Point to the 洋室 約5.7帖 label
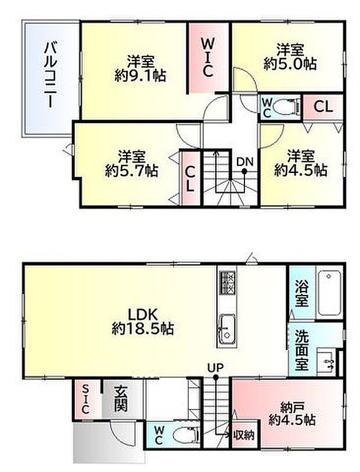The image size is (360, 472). [131, 163]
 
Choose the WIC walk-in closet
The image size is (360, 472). [208, 57]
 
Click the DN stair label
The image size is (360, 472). [244, 162]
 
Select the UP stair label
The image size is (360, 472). [215, 367]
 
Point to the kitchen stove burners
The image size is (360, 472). [226, 282]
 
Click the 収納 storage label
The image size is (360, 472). [244, 434]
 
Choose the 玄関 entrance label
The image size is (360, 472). [121, 399]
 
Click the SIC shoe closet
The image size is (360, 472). [85, 399]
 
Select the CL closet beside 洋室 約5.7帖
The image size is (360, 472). [190, 178]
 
